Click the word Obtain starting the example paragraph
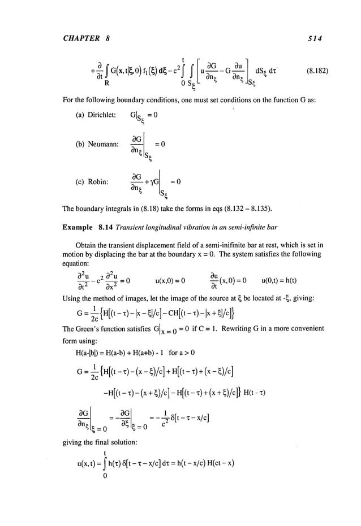[89, 244]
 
